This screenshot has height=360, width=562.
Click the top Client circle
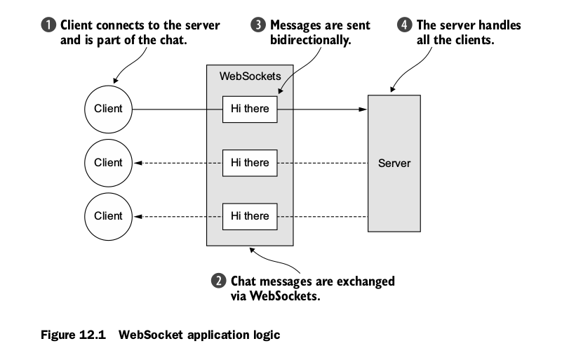[x=108, y=109]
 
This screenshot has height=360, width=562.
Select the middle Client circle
[x=108, y=163]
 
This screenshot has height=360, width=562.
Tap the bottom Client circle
[x=108, y=216]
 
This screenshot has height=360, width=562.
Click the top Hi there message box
[x=250, y=109]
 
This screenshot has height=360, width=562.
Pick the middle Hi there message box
[x=250, y=163]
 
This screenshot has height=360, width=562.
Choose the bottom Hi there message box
[x=250, y=216]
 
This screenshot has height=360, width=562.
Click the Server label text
[x=394, y=163]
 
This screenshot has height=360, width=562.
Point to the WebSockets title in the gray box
[x=250, y=76]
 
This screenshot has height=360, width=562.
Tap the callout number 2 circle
[x=218, y=281]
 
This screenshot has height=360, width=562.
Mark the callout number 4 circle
[x=405, y=26]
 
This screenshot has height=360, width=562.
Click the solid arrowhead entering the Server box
[x=363, y=109]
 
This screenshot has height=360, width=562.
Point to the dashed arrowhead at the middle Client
[x=139, y=163]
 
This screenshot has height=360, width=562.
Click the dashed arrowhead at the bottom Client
[x=139, y=216]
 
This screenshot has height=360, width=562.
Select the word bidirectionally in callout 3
[x=310, y=41]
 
